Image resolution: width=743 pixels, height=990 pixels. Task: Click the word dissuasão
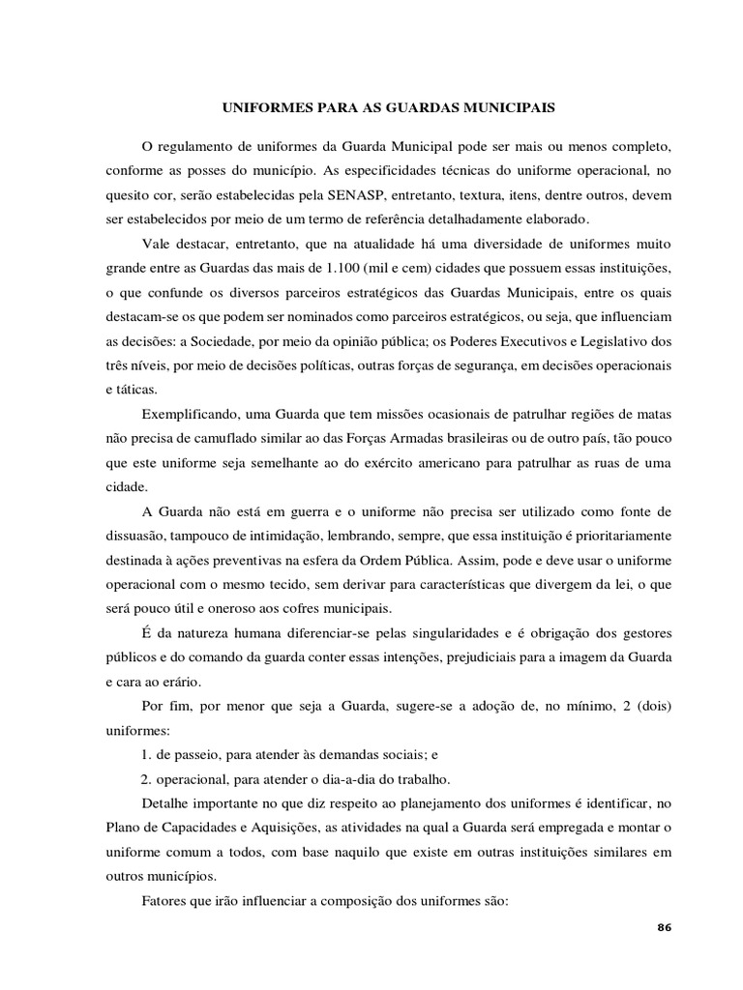(135, 535)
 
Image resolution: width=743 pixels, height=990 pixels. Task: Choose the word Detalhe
(165, 803)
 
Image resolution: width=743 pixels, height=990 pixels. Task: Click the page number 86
(664, 927)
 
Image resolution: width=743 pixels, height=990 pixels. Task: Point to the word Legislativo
(609, 340)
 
